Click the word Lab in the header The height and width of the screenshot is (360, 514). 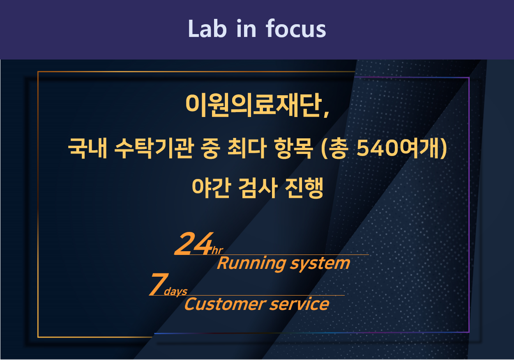click(207, 29)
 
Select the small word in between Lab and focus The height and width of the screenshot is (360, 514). click(246, 28)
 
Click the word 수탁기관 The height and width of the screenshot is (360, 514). click(154, 148)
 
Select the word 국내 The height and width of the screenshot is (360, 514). click(88, 148)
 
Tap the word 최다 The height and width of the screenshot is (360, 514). click(247, 148)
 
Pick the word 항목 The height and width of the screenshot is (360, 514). click(294, 148)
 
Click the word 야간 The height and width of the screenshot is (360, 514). click(211, 188)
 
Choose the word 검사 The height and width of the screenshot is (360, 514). click(258, 188)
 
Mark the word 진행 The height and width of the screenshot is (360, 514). click(304, 188)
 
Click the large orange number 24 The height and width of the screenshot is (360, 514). click(194, 243)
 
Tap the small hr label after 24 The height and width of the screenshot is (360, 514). click(217, 251)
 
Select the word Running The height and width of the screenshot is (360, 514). click(252, 264)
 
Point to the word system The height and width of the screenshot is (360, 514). click(320, 264)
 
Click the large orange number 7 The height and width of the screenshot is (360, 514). click(159, 284)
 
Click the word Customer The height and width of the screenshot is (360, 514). click(225, 304)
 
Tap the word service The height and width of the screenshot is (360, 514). click(299, 304)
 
